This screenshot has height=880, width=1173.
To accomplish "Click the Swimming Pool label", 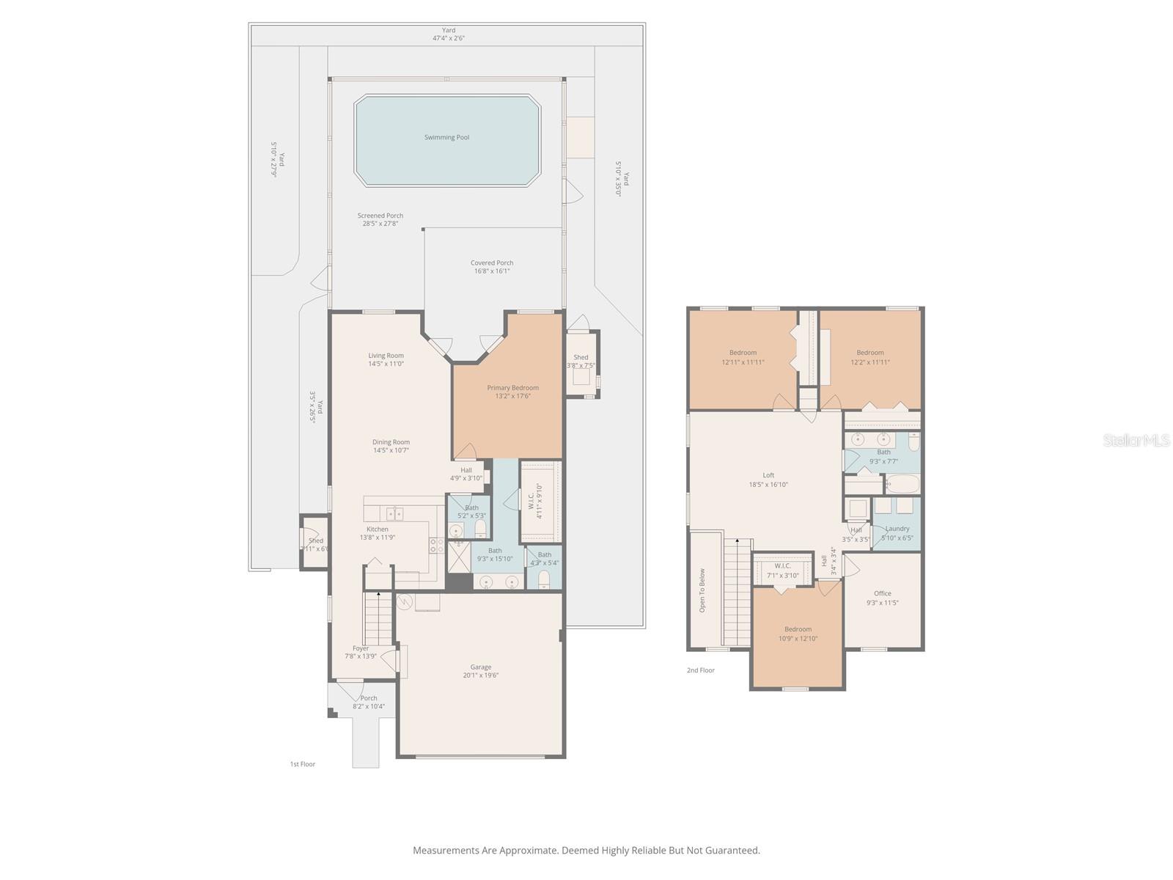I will pos(446,137).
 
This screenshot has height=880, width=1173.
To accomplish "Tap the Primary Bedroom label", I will pos(512,388).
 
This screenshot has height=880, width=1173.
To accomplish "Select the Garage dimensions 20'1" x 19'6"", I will pos(480,675).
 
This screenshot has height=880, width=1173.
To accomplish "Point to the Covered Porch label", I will pos(491,263).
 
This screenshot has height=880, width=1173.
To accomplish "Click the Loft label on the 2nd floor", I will pos(768,475).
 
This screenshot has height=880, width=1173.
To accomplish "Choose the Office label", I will pos(882,594).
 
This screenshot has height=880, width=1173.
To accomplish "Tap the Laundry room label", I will pos(897,529).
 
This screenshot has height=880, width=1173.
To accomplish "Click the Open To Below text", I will pos(702,590).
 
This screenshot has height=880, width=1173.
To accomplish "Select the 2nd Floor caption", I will pos(700,670).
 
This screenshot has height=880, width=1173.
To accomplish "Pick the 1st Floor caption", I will pos(302,764).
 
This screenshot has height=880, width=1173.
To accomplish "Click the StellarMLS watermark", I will pos(1136,440).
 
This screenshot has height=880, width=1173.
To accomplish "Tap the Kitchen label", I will pos(378,529).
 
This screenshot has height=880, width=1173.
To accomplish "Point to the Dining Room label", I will pos(391,442).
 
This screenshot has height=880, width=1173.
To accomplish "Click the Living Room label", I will pos(386,356).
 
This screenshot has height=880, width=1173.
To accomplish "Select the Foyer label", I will pos(360,648).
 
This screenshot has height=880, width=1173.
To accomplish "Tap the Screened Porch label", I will pos(380,216).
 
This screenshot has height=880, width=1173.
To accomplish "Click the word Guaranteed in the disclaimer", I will pos(732,851).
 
